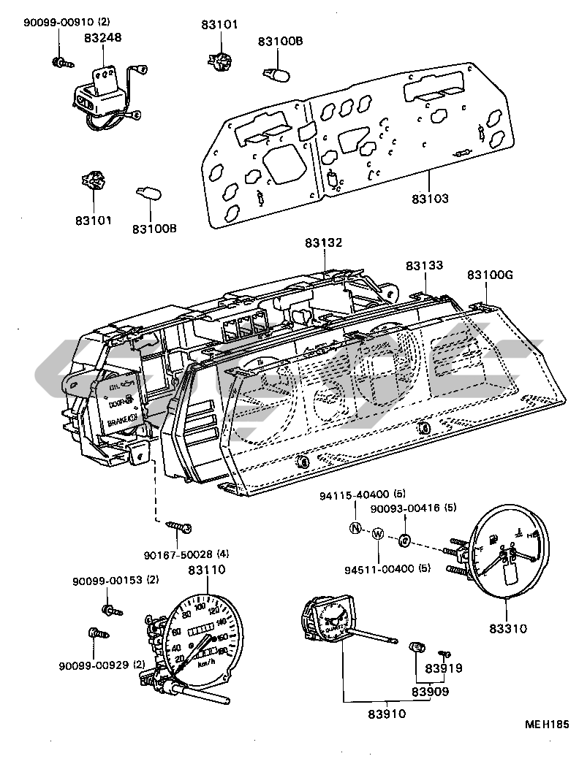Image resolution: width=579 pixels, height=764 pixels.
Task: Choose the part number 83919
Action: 444,668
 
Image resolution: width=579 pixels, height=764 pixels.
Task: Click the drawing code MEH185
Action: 545,725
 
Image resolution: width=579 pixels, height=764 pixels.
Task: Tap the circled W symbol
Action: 378,534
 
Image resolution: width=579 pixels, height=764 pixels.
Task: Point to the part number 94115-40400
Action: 354,494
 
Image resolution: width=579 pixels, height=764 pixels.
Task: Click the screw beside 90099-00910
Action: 62,64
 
